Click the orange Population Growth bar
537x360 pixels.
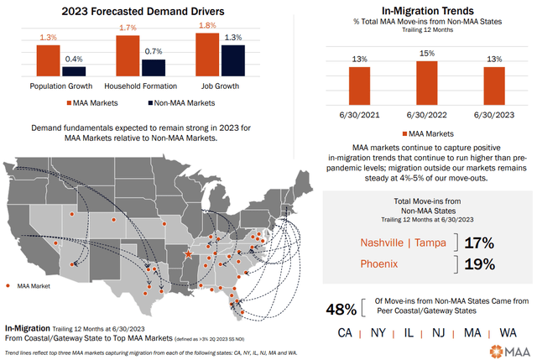point(49,60)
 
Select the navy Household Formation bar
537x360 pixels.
point(154,68)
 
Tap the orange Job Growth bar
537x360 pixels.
point(206,57)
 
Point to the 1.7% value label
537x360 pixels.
point(128,28)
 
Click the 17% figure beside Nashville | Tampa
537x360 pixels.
point(476,243)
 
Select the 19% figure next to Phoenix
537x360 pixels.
point(476,264)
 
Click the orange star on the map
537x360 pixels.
point(188,252)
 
